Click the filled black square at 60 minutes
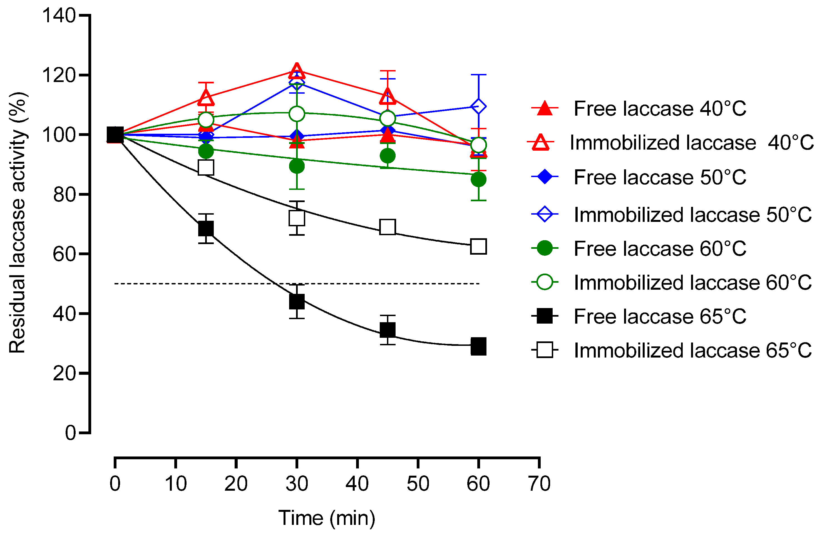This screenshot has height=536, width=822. coord(478,346)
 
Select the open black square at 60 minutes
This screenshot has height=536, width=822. coord(478,247)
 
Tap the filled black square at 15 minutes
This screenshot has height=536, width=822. coord(206,228)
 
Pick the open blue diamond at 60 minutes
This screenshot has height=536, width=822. coord(478,106)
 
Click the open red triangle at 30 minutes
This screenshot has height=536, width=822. coord(297,71)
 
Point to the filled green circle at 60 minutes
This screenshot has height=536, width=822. coord(478,179)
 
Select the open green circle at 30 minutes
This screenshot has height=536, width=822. coord(297,114)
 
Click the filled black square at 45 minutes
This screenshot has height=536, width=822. coord(388,330)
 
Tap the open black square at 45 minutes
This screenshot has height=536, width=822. coord(388,227)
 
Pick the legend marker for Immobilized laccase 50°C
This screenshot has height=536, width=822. coord(545,214)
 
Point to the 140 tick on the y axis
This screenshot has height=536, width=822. coord(84,16)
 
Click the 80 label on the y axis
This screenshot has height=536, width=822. coord(64,194)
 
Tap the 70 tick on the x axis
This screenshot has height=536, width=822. coord(539,463)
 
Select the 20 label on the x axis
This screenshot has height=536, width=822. coord(236,483)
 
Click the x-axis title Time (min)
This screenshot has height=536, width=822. coord(326,518)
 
